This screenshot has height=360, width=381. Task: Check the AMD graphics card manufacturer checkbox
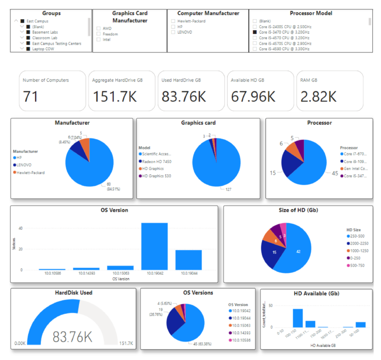(x=99, y=29)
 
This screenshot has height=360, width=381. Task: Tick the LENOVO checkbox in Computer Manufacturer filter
(x=173, y=32)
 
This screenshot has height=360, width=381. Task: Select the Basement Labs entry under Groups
(x=28, y=32)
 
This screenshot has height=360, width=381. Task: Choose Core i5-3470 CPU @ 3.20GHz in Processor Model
(x=255, y=32)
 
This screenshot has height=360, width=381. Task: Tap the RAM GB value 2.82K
(x=317, y=96)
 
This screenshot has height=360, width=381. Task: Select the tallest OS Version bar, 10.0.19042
(x=154, y=246)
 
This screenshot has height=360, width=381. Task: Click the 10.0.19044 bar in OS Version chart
(x=188, y=260)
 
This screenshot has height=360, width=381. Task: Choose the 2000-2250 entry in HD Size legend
(x=358, y=243)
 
